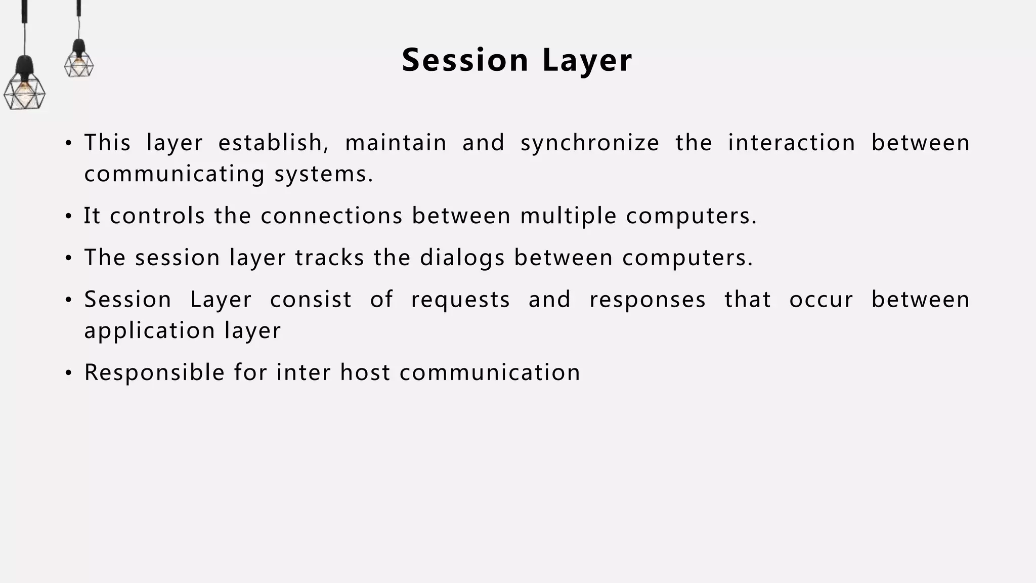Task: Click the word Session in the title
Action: point(465,60)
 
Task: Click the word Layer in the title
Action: point(587,60)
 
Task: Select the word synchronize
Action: point(590,143)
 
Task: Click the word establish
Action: point(273,143)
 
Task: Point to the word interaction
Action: point(791,143)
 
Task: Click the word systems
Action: point(324,174)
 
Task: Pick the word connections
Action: point(331,216)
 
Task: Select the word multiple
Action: point(568,216)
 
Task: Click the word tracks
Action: point(329,258)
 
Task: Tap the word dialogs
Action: point(462,258)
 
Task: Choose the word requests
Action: point(460,300)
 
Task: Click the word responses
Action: point(647,300)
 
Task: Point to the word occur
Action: point(821,300)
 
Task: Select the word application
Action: point(150,331)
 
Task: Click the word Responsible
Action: point(154,373)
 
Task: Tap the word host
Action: point(365,373)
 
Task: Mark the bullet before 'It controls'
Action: point(68,217)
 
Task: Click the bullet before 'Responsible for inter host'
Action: point(68,374)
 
